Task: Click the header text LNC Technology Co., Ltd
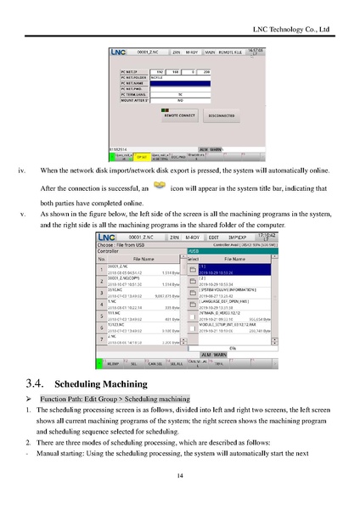tap(293, 29)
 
